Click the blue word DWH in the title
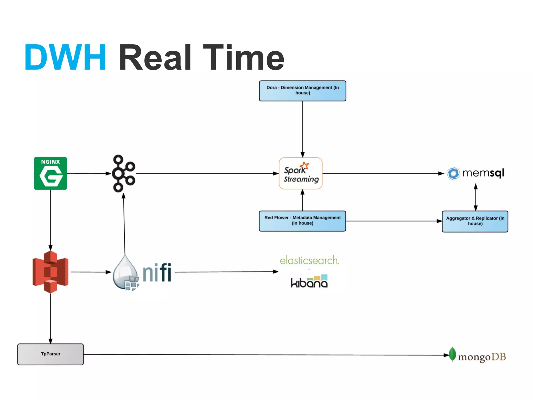(x=65, y=58)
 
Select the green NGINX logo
(x=50, y=173)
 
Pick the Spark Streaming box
(x=301, y=173)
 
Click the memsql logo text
(x=483, y=173)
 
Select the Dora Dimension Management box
(x=302, y=91)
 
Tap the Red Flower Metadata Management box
(x=302, y=221)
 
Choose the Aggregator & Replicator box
(x=475, y=221)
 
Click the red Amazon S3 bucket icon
(x=50, y=272)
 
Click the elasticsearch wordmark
(x=309, y=260)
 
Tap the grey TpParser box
(x=50, y=354)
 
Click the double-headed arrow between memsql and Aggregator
(x=475, y=197)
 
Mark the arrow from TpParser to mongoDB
(x=260, y=355)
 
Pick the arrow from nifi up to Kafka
(x=124, y=224)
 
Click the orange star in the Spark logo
(x=304, y=166)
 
